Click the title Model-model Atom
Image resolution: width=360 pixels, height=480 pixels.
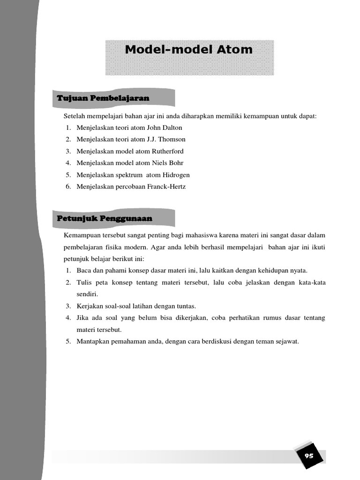click(x=188, y=50)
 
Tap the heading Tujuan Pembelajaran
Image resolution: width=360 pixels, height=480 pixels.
click(x=103, y=98)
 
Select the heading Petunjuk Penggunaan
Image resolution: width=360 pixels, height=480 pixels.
click(x=104, y=218)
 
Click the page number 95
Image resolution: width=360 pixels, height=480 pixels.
click(x=309, y=456)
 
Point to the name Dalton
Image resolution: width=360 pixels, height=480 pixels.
click(x=172, y=127)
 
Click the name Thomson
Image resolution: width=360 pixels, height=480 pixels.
click(x=173, y=139)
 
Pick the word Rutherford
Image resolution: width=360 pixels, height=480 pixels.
click(x=168, y=151)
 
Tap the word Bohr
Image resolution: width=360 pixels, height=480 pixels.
click(x=176, y=163)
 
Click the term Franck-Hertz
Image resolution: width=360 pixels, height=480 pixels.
click(x=166, y=187)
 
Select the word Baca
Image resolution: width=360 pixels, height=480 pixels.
click(x=83, y=270)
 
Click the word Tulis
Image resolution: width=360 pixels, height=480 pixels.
click(x=84, y=282)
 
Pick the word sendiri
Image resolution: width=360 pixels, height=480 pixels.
click(x=87, y=294)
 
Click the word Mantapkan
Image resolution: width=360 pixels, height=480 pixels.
click(x=93, y=341)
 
